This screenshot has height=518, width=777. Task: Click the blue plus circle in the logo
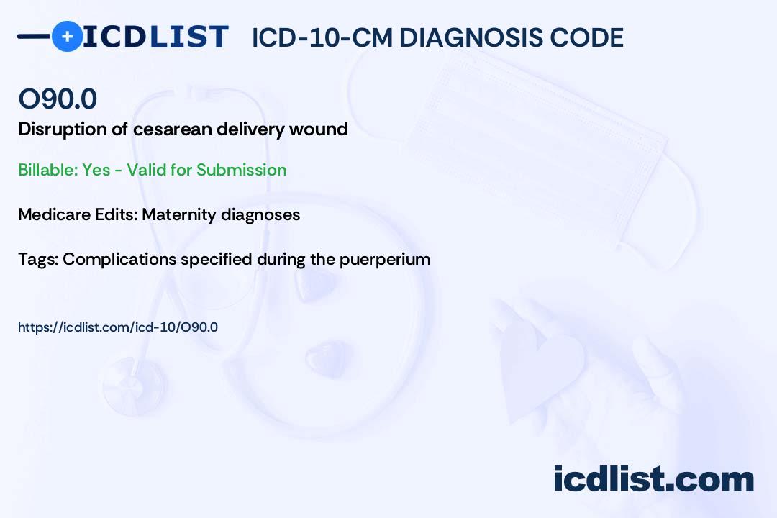[x=67, y=37]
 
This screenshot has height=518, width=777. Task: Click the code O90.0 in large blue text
[x=58, y=99]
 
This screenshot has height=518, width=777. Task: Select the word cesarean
[x=172, y=129]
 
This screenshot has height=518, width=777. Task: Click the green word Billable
[x=47, y=170]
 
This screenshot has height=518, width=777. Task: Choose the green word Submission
[x=241, y=170]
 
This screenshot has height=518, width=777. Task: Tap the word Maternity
[x=179, y=214]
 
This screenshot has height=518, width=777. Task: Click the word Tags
[x=38, y=259]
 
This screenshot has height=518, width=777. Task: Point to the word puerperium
[x=384, y=259]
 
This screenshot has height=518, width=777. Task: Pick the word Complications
[x=119, y=259]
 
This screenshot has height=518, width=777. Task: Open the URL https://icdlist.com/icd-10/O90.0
[x=118, y=327]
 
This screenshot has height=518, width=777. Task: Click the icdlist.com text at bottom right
[x=653, y=478]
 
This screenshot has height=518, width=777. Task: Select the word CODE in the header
[x=581, y=37]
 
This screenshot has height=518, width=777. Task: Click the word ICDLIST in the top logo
[x=155, y=37]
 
